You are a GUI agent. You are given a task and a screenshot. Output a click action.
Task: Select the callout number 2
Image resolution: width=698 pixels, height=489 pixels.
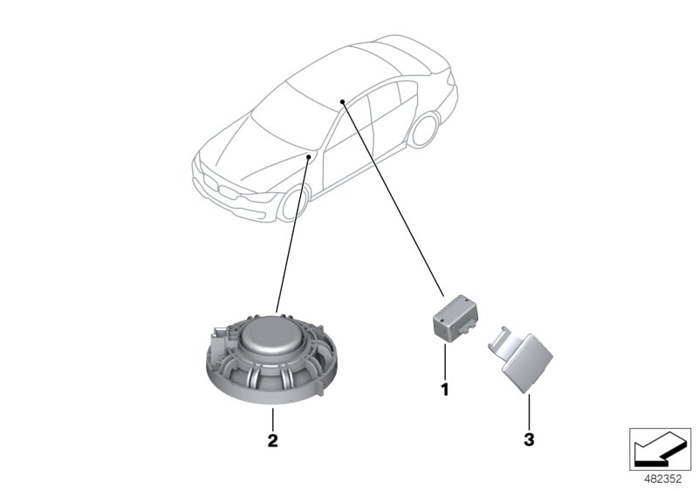click(x=272, y=441)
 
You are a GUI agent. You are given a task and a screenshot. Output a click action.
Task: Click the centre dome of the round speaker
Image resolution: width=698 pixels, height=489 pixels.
click(x=272, y=334)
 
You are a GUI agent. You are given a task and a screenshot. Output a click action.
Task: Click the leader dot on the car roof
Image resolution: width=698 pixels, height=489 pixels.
click(x=344, y=101)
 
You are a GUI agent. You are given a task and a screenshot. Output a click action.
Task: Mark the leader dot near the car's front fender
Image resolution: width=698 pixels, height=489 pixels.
click(x=310, y=155)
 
